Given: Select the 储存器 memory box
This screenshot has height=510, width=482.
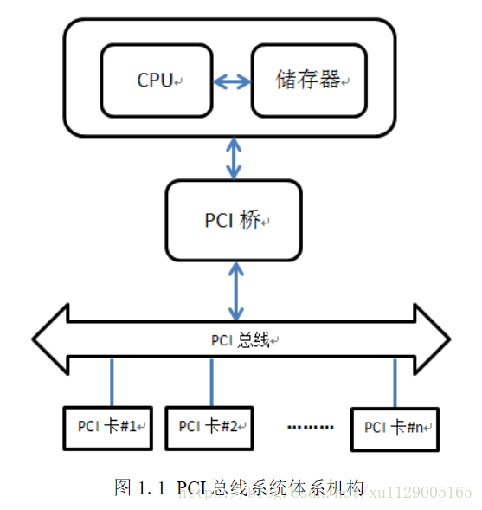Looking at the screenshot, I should [x=309, y=81].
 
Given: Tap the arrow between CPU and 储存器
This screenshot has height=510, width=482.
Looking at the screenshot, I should [x=232, y=81].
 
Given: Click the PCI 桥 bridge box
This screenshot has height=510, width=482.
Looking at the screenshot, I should [x=234, y=220].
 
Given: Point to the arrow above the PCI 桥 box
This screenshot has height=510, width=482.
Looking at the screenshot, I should [x=234, y=158].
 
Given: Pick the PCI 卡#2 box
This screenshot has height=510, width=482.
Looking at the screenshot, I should [x=210, y=426].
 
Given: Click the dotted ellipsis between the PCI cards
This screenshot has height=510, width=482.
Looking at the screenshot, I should [x=309, y=427].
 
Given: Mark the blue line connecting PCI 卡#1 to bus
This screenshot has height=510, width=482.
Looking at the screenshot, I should [x=111, y=382].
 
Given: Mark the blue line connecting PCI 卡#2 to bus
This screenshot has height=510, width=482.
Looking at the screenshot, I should [x=212, y=382].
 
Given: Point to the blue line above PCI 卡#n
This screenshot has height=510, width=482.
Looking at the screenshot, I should [x=395, y=382].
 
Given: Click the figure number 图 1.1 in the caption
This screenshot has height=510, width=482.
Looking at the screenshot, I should [x=138, y=488].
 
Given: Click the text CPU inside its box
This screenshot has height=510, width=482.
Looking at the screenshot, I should [x=155, y=81].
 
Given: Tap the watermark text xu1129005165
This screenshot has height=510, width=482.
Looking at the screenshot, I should [x=421, y=493].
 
